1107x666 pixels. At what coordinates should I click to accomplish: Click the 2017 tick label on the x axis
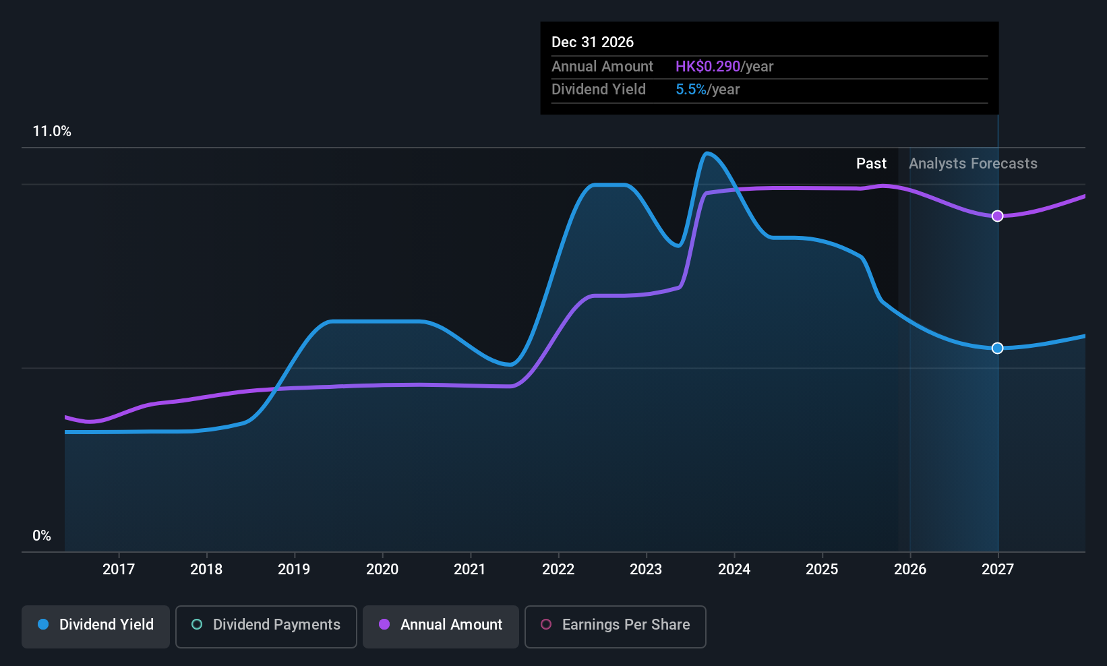pyautogui.click(x=118, y=569)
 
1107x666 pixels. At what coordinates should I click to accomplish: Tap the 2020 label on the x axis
pyautogui.click(x=382, y=569)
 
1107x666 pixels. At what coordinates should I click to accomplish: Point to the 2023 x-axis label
pyautogui.click(x=646, y=569)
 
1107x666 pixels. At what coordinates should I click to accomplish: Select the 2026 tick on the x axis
pyautogui.click(x=909, y=569)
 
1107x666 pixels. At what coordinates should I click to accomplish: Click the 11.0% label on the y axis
pyautogui.click(x=52, y=131)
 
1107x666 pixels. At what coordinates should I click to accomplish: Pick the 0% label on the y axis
pyautogui.click(x=42, y=536)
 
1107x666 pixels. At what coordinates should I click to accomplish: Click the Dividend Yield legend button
pyautogui.click(x=96, y=625)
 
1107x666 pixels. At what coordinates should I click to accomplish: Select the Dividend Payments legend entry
pyautogui.click(x=266, y=625)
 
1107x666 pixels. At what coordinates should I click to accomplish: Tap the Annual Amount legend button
pyautogui.click(x=441, y=625)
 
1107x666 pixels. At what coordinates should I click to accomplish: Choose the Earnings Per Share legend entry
pyautogui.click(x=615, y=625)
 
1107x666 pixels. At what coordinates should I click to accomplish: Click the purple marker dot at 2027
pyautogui.click(x=998, y=216)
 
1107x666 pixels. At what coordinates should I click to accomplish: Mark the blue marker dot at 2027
pyautogui.click(x=998, y=348)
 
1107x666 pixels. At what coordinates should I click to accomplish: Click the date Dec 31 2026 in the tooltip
pyautogui.click(x=593, y=42)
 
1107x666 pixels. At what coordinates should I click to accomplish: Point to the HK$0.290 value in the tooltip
pyautogui.click(x=708, y=67)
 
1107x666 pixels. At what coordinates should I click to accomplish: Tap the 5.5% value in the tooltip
pyautogui.click(x=691, y=90)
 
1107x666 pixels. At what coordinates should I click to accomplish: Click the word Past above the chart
pyautogui.click(x=871, y=164)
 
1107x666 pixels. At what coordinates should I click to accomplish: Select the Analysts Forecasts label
pyautogui.click(x=973, y=164)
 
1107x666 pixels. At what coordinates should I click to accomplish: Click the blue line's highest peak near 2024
pyautogui.click(x=707, y=154)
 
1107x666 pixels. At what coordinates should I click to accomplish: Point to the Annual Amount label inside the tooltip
pyautogui.click(x=602, y=67)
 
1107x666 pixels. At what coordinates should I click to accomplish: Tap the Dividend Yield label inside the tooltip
pyautogui.click(x=599, y=90)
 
